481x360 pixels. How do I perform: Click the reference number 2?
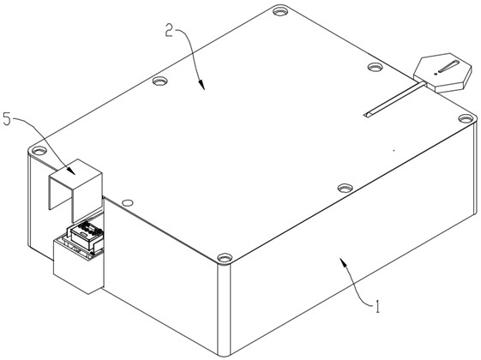pyautogui.click(x=170, y=30)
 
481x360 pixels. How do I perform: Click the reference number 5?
pyautogui.click(x=7, y=119)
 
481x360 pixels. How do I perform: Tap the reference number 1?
pyautogui.click(x=377, y=306)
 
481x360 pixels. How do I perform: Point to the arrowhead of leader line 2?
pyautogui.click(x=201, y=85)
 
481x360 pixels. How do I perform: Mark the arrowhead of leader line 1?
pyautogui.click(x=343, y=262)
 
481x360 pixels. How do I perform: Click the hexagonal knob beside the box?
pyautogui.click(x=442, y=73)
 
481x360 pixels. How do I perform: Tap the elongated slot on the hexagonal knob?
pyautogui.click(x=448, y=67)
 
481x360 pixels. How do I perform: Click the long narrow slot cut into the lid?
pyautogui.click(x=394, y=99)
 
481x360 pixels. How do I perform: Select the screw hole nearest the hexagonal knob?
pyautogui.click(x=376, y=67)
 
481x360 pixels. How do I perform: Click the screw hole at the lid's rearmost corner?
pyautogui.click(x=280, y=12)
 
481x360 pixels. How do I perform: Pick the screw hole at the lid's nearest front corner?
pyautogui.click(x=225, y=258)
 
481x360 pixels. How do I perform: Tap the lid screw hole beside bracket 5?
pyautogui.click(x=39, y=151)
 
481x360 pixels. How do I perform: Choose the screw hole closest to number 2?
pyautogui.click(x=159, y=81)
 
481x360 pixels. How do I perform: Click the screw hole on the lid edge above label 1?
pyautogui.click(x=346, y=188)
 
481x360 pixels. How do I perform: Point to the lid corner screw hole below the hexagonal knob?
pyautogui.click(x=466, y=118)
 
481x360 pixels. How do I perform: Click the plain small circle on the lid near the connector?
pyautogui.click(x=127, y=202)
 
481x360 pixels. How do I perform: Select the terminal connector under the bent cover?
pyautogui.click(x=84, y=235)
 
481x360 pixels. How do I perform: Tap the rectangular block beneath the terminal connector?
pyautogui.click(x=79, y=265)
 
